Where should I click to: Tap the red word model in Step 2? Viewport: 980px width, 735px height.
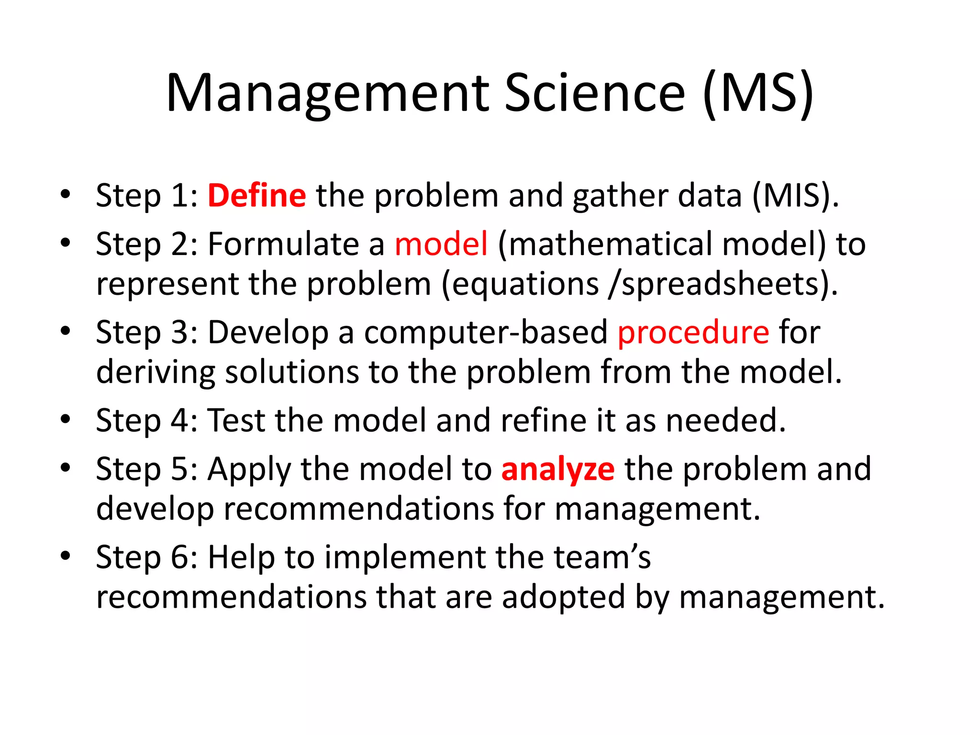441,244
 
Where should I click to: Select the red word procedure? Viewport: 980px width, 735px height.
693,332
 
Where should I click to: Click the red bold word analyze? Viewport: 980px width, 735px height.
557,469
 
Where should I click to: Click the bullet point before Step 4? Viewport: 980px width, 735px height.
66,420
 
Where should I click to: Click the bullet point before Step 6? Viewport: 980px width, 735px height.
66,556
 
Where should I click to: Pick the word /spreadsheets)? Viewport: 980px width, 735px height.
723,284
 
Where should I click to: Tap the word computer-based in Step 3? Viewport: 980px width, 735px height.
486,332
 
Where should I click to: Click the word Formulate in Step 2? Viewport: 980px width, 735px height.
283,244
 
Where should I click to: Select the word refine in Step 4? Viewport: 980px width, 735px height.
543,420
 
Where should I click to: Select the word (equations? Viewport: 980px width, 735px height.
520,284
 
